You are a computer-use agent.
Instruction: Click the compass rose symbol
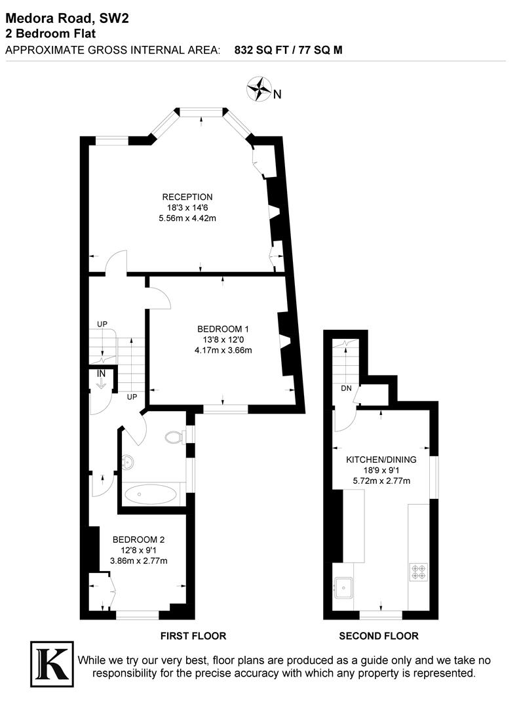[259, 88]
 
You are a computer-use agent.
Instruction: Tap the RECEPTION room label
[187, 197]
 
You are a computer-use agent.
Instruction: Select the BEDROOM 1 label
[223, 329]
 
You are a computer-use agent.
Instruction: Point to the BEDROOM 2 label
[138, 540]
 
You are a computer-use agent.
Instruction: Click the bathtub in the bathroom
[152, 494]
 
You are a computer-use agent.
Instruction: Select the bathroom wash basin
[127, 462]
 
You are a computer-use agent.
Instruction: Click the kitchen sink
[343, 585]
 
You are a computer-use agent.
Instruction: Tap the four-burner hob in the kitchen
[418, 572]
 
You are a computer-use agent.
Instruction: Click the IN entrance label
[102, 374]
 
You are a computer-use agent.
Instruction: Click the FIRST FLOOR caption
[193, 636]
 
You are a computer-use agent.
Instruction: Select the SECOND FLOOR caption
[378, 636]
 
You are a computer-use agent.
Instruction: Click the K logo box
[52, 663]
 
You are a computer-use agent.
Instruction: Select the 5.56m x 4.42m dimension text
[187, 218]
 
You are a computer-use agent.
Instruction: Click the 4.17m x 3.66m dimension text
[223, 350]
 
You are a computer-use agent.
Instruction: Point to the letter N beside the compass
[277, 94]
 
